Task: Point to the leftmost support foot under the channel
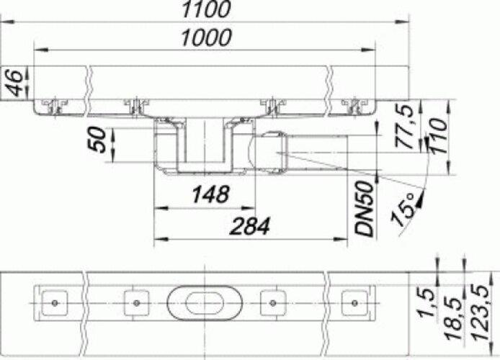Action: [54, 107]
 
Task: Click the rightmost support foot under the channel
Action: [354, 107]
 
